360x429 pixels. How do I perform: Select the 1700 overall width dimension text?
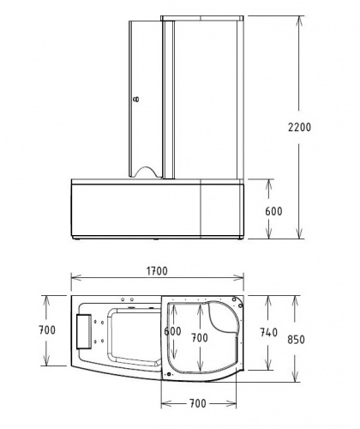[x=156, y=271]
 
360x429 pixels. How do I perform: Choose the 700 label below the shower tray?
[x=201, y=403]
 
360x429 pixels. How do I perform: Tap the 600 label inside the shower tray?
[x=173, y=331]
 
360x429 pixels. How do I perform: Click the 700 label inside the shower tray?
[x=200, y=339]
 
